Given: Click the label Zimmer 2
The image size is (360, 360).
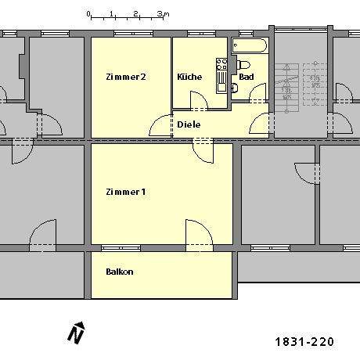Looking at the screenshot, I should pyautogui.click(x=125, y=77).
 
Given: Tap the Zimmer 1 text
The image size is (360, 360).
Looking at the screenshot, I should pyautogui.click(x=125, y=192).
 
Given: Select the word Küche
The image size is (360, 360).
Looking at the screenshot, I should pyautogui.click(x=189, y=77).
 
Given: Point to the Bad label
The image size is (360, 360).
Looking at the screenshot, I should pyautogui.click(x=247, y=77).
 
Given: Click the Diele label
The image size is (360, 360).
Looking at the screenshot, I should pyautogui.click(x=189, y=124).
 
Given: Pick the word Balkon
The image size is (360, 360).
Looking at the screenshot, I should pyautogui.click(x=120, y=272).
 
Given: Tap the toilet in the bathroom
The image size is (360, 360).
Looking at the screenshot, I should pyautogui.click(x=242, y=64).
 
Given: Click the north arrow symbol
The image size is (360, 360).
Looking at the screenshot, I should pyautogui.click(x=76, y=333).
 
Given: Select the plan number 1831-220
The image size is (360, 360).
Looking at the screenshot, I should pyautogui.click(x=304, y=342).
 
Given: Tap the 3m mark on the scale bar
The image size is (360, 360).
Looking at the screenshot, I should pyautogui.click(x=159, y=14).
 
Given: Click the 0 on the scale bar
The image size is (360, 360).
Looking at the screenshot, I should pyautogui.click(x=88, y=14).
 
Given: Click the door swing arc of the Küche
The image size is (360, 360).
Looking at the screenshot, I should pyautogui.click(x=199, y=99).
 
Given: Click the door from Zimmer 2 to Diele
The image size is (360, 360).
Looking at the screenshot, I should pyautogui.click(x=162, y=125).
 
